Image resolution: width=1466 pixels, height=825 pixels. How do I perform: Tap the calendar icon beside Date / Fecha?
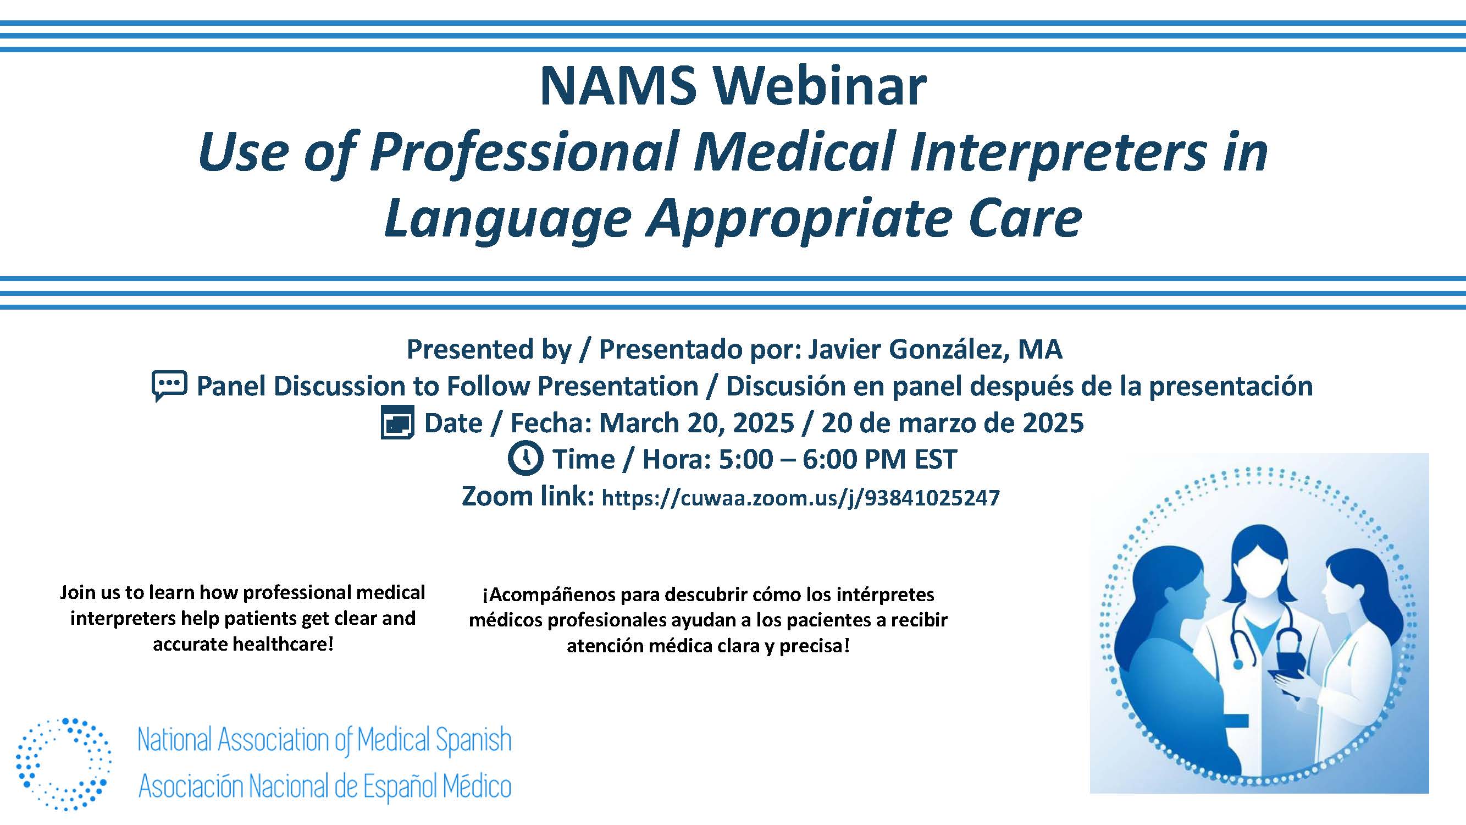tap(397, 422)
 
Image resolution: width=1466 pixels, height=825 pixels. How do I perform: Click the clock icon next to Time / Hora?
tap(525, 458)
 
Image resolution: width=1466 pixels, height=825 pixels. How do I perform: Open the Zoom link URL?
tap(800, 498)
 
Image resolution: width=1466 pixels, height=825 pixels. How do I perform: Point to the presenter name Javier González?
tap(906, 349)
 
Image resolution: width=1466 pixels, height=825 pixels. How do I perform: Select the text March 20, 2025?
tap(696, 423)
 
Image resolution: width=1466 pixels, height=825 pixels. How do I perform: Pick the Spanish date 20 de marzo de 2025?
tap(952, 423)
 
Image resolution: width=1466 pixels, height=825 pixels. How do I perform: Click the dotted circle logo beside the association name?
tap(64, 763)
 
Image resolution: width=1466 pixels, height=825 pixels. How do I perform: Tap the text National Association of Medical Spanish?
tap(324, 740)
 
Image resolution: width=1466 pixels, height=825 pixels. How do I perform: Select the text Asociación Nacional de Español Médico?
tap(324, 787)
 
